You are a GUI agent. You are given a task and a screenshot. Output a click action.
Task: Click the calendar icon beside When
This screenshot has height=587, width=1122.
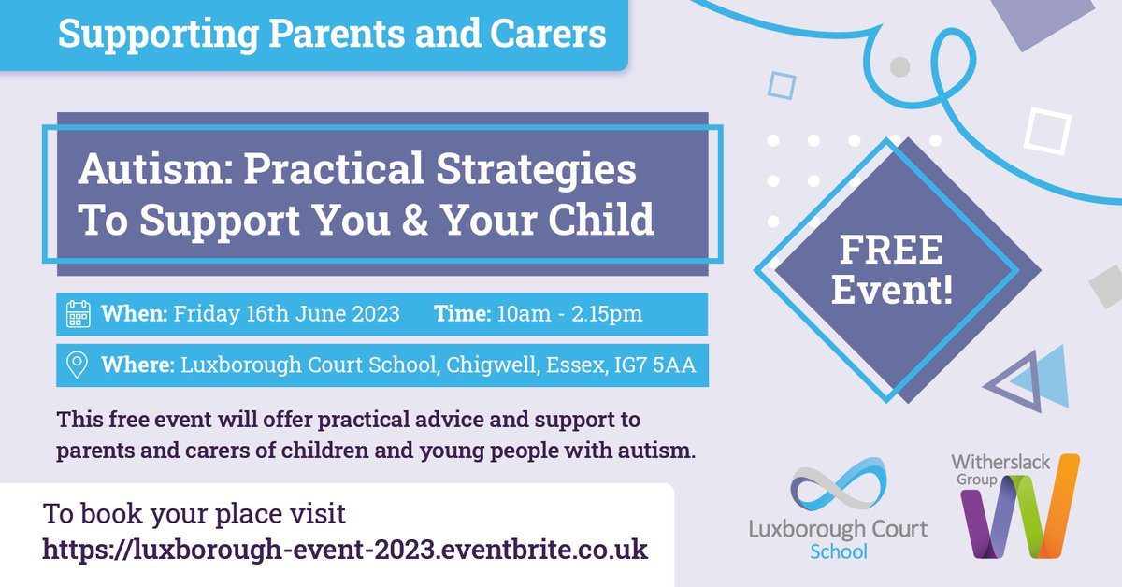(x=79, y=314)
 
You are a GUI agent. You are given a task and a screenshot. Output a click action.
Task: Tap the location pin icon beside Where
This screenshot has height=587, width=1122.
(x=79, y=365)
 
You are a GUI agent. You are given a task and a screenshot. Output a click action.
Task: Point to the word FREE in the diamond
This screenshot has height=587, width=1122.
(x=891, y=251)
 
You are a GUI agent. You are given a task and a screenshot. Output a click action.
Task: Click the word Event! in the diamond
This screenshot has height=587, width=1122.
(x=891, y=290)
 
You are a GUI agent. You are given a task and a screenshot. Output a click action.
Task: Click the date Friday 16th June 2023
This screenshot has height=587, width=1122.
(x=284, y=314)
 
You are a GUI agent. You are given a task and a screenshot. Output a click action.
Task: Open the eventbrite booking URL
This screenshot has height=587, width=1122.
(x=345, y=548)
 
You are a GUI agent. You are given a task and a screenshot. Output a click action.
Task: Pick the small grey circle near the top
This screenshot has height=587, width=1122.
(x=899, y=66)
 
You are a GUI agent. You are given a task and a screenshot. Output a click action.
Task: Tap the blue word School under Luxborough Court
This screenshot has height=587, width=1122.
(x=838, y=551)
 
